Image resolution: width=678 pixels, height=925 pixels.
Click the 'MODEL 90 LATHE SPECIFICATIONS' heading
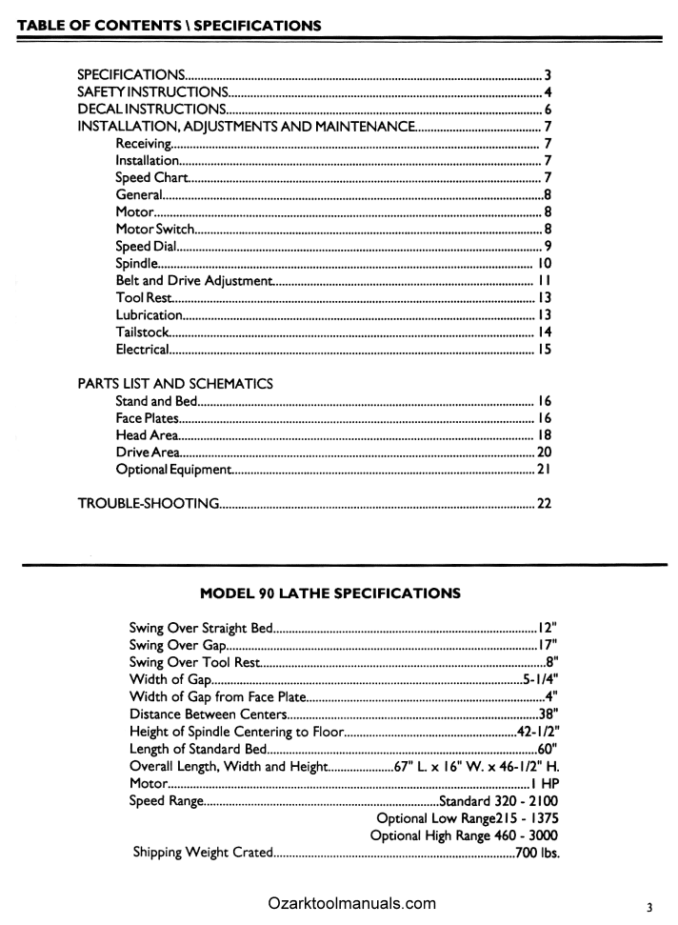tap(329, 593)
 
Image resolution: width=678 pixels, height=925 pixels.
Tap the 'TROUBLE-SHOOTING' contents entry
tap(149, 503)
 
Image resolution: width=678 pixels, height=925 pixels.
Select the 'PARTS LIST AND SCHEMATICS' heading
tap(174, 384)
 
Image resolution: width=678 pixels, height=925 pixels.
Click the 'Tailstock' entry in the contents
tap(142, 332)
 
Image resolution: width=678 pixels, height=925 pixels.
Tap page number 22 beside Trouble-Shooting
tap(545, 503)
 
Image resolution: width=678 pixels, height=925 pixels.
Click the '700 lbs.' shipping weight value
tap(536, 852)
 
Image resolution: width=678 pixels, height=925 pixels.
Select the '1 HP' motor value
tap(544, 783)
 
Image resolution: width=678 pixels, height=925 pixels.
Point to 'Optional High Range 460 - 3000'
tap(464, 835)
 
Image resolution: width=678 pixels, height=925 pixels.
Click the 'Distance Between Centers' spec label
tap(208, 714)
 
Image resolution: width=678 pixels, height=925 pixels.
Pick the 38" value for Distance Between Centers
tap(548, 714)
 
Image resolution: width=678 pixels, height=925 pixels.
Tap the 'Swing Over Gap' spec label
tap(175, 645)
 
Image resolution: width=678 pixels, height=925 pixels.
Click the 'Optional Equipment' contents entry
tap(172, 470)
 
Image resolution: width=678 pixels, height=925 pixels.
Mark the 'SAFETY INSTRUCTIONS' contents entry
tap(151, 92)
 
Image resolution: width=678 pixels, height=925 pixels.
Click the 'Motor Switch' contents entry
tap(155, 229)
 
